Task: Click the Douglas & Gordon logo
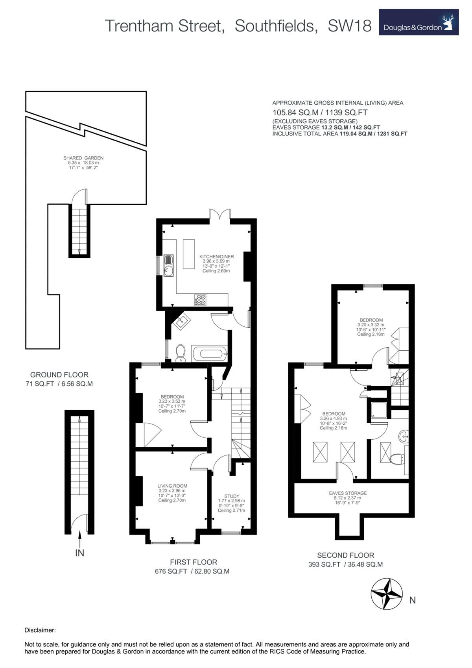coord(419,22)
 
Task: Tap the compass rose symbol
coord(387,594)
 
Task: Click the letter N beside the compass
coord(412,600)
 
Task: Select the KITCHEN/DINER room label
coord(216,256)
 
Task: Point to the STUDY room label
coord(232,496)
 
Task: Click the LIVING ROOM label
coord(172,486)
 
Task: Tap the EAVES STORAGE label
coord(348,493)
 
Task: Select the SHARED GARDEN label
coord(83,158)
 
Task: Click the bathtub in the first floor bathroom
coord(209,353)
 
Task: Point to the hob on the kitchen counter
coord(200,300)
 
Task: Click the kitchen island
coord(188,254)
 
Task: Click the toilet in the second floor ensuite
coord(398,459)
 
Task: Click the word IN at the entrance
coord(79,553)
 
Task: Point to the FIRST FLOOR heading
coord(193,562)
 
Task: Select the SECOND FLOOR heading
coord(345,555)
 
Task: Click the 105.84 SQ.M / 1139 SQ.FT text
coord(320,112)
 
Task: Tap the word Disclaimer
coord(40,630)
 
